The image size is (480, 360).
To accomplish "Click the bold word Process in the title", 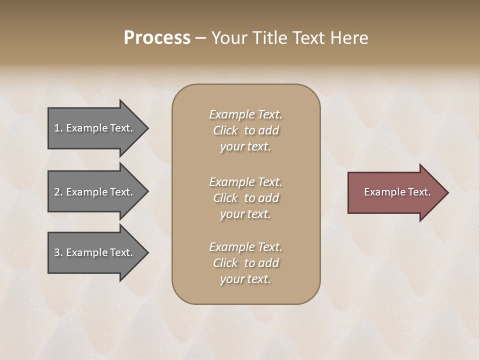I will [157, 38].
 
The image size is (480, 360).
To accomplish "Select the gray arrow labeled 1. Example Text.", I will [95, 128].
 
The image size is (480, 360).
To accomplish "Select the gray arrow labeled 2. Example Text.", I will [95, 192].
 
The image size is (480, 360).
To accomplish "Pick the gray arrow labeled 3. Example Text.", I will [95, 252].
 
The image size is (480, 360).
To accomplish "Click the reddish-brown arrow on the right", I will [395, 192].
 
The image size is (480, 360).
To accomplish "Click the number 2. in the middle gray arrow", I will [58, 192].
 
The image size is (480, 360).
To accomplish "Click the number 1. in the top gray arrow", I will [58, 128].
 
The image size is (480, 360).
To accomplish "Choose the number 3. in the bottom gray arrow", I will [58, 252].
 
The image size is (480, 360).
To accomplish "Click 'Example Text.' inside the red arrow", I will [397, 192].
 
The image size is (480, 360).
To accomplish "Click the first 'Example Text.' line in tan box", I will [245, 114].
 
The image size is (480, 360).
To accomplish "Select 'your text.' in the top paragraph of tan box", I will [245, 146].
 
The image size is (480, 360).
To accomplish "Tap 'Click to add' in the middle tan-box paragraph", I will [245, 198].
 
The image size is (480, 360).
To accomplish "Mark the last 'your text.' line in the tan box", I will [245, 279].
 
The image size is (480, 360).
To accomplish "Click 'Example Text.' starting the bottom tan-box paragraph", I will [245, 247].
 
